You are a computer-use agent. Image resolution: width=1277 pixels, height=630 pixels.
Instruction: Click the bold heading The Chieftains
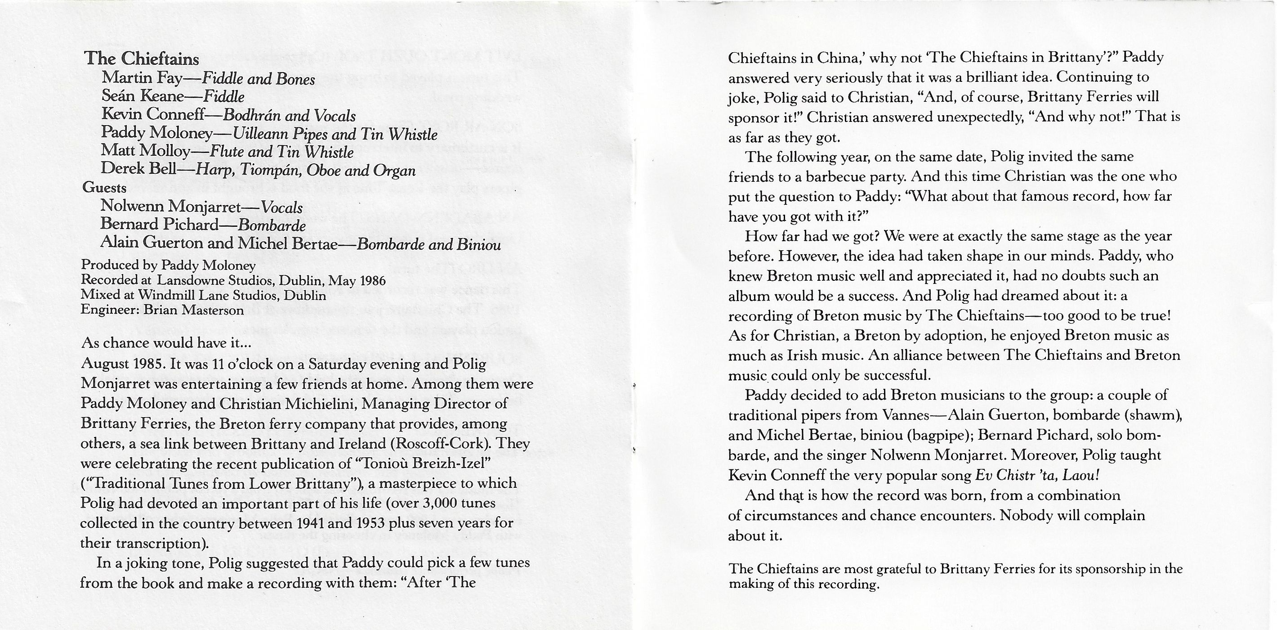pyautogui.click(x=142, y=59)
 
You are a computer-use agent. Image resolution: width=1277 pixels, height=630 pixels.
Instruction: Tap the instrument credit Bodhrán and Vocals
pyautogui.click(x=289, y=115)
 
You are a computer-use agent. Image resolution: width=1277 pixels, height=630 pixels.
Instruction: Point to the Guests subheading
pyautogui.click(x=104, y=188)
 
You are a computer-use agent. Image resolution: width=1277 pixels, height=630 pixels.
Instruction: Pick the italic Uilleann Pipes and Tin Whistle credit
pyautogui.click(x=335, y=134)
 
